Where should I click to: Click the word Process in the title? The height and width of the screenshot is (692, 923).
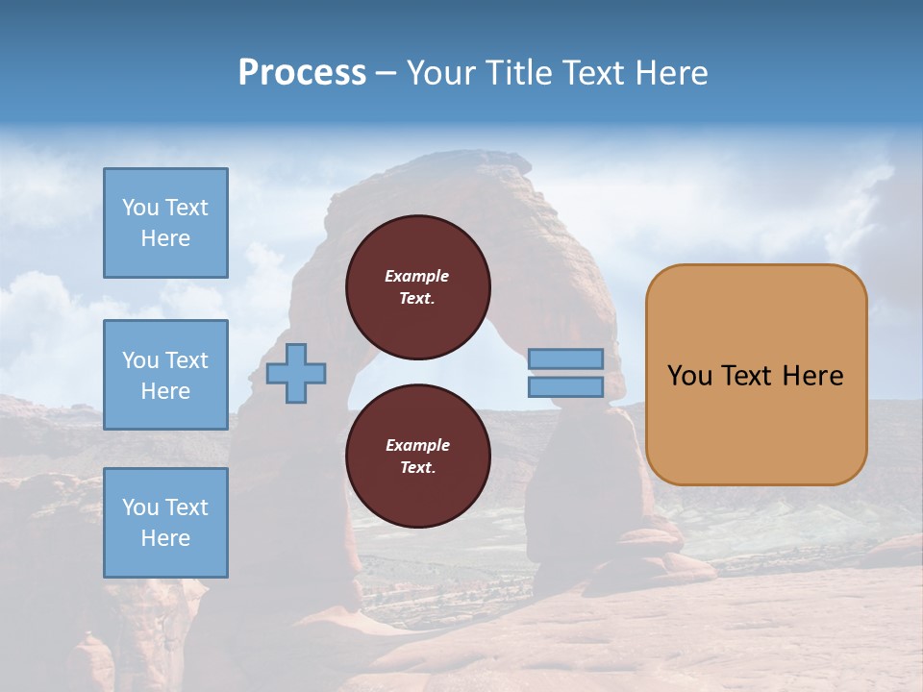click(x=302, y=73)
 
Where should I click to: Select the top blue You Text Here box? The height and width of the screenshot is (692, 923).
click(x=165, y=223)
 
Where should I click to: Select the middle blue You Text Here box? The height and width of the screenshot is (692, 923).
click(x=165, y=375)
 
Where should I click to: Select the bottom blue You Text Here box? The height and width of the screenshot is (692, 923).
click(x=165, y=523)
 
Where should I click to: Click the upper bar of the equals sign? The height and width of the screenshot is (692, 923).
click(x=565, y=358)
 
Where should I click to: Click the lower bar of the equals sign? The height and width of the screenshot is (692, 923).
click(x=565, y=386)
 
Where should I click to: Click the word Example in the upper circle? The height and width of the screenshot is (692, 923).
click(x=417, y=276)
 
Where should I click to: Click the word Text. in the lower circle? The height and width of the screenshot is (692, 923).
click(x=417, y=468)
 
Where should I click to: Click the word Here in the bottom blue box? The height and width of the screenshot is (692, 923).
click(x=165, y=538)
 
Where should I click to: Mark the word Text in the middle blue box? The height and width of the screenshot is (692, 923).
click(x=187, y=360)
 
